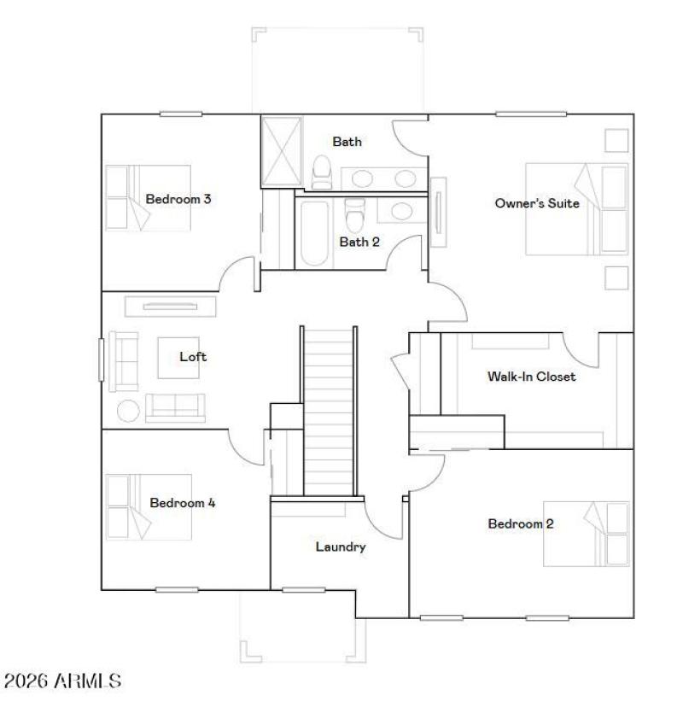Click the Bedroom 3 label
click(x=178, y=200)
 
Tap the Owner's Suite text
click(x=537, y=203)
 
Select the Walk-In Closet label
click(x=531, y=376)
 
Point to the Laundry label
click(x=341, y=546)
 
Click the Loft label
click(x=193, y=357)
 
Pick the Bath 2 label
click(x=359, y=242)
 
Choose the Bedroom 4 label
click(x=182, y=503)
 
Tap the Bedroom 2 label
click(x=520, y=523)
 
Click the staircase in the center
click(x=329, y=410)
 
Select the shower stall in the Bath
click(x=281, y=151)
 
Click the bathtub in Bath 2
click(x=311, y=234)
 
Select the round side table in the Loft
click(x=128, y=411)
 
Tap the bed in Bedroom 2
click(x=587, y=534)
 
